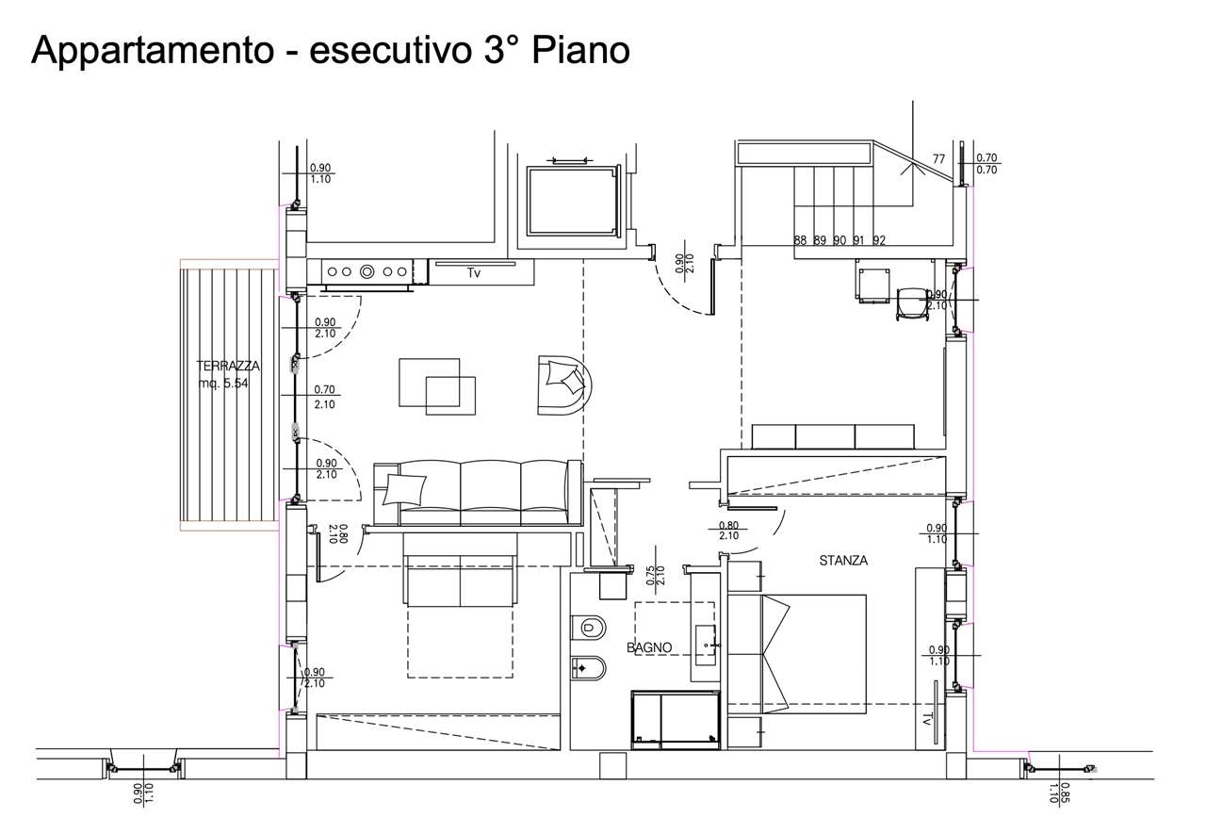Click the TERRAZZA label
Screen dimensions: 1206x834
(228, 367)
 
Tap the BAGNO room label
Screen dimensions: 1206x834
(649, 647)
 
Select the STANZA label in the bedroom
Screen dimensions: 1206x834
(843, 561)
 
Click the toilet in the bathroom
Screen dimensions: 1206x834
(589, 628)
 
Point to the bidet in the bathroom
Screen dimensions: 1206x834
(589, 669)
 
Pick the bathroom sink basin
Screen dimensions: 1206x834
(706, 645)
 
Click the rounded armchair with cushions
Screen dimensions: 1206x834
(564, 384)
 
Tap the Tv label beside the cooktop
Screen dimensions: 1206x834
(473, 273)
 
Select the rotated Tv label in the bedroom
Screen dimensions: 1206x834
(927, 719)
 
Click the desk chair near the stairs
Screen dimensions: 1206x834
(913, 304)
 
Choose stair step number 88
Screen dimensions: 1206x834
(800, 240)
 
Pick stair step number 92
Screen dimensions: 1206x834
(879, 240)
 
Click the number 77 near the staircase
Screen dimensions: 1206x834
(938, 159)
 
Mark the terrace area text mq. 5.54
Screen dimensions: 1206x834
(223, 384)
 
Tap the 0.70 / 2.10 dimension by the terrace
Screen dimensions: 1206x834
(325, 397)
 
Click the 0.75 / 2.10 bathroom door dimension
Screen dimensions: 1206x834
(655, 575)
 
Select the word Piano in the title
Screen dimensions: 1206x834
(581, 51)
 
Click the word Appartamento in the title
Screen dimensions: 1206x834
(153, 52)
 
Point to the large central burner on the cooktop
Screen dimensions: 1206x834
(367, 272)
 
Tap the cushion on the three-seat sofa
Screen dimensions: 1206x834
(404, 489)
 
